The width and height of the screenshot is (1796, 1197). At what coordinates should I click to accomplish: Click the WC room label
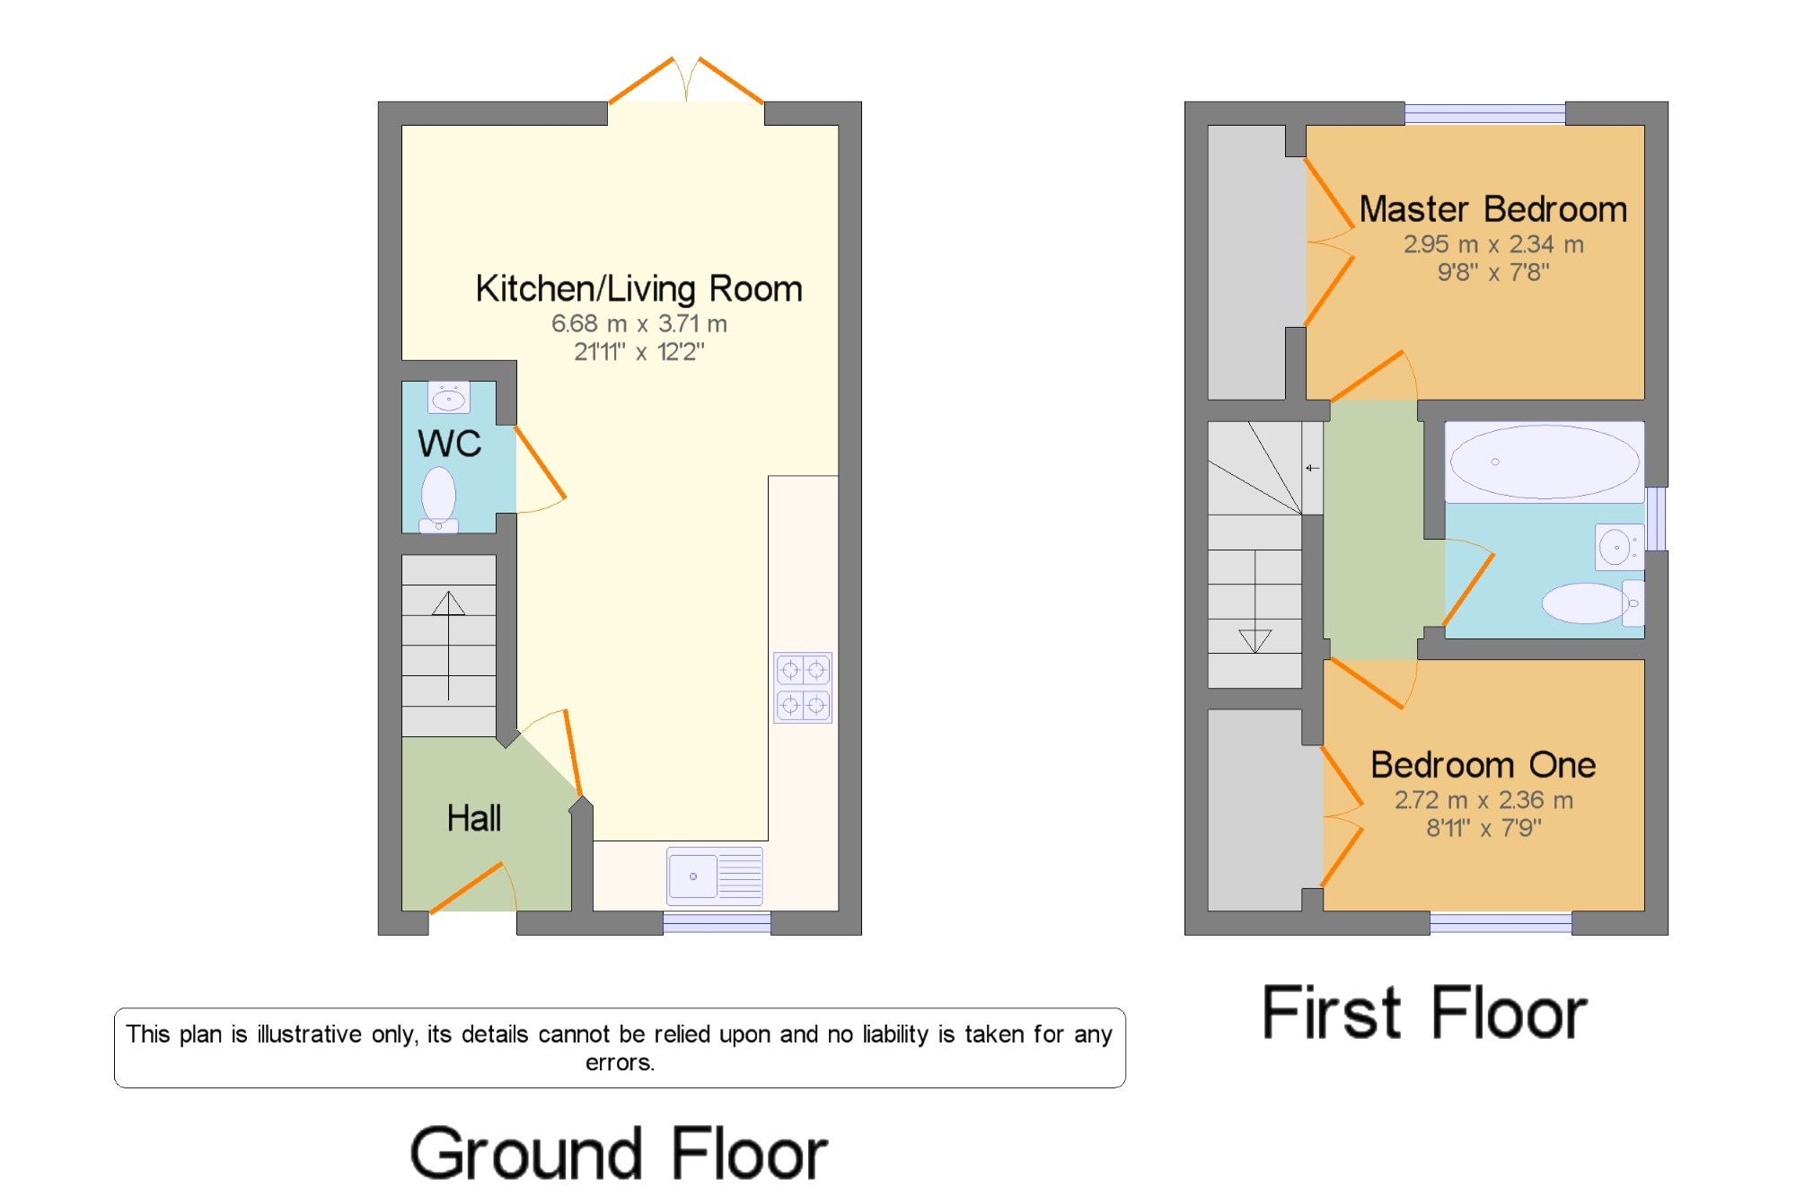[449, 444]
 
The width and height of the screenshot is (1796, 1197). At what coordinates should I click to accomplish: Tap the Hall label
[474, 818]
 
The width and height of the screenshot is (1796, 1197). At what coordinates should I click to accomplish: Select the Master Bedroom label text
[1493, 209]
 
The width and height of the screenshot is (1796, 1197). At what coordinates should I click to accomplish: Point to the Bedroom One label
[1483, 765]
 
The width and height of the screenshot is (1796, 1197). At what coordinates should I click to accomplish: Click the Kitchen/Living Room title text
[638, 289]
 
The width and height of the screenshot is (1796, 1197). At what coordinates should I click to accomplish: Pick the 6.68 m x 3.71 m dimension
[638, 323]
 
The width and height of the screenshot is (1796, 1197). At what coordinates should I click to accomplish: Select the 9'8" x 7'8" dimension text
[1493, 272]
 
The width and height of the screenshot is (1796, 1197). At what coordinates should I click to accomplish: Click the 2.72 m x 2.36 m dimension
[1483, 800]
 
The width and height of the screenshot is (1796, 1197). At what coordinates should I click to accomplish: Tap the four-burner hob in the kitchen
[803, 688]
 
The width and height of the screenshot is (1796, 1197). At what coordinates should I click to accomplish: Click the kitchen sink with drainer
[715, 876]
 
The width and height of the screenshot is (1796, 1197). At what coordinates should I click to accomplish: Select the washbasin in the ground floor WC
[449, 397]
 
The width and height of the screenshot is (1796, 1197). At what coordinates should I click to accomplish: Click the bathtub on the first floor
[1545, 462]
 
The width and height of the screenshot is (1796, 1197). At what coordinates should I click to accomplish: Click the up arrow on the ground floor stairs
[448, 646]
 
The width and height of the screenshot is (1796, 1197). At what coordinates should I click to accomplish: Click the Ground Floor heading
[619, 1154]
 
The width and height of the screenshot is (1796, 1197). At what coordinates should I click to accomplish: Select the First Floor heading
[1425, 1012]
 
